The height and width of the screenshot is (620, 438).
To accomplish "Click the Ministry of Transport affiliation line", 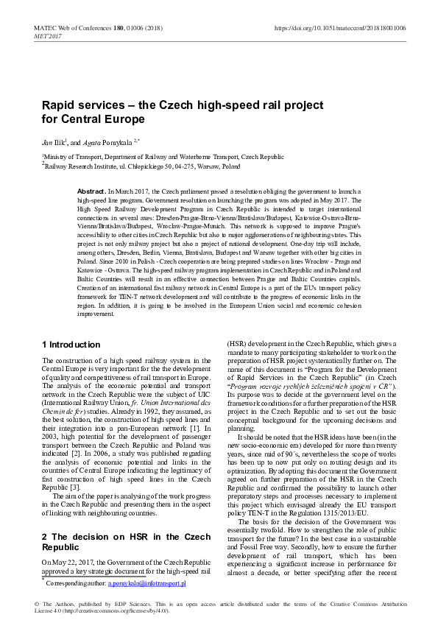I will coord(163,157).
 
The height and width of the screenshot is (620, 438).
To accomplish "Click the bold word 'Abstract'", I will coord(91,190).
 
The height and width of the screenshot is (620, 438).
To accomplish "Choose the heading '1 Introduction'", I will coord(71,345).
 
